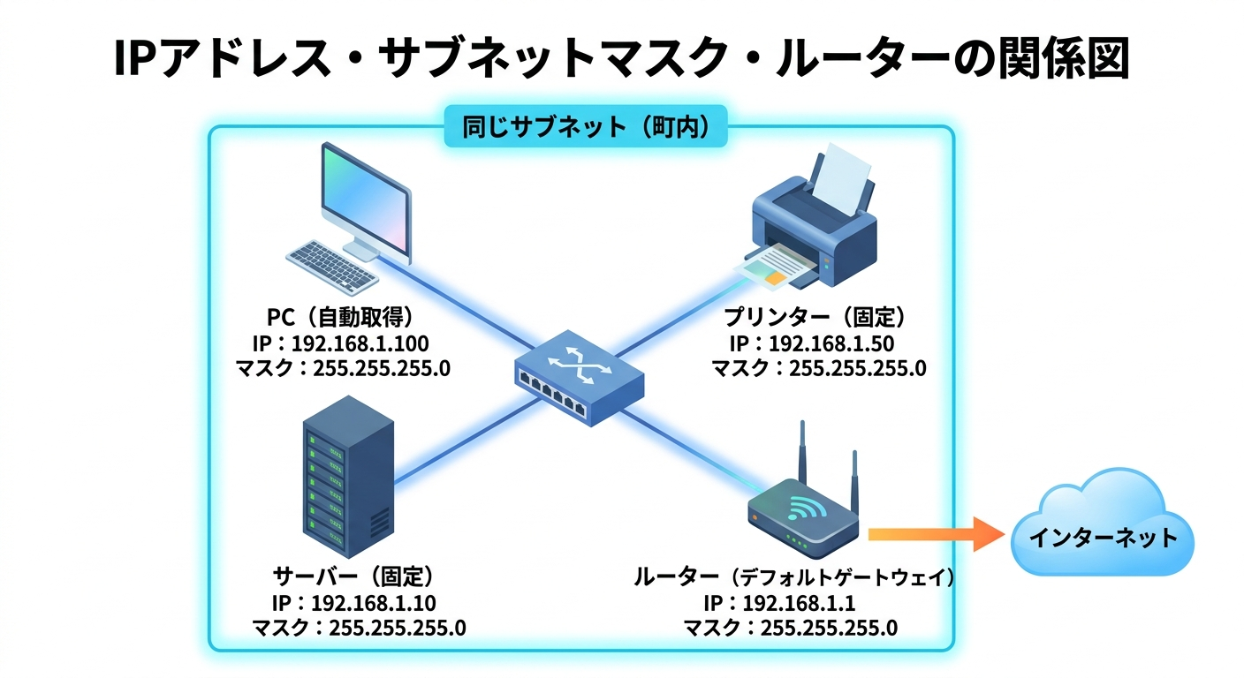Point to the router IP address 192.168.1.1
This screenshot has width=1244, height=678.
791,604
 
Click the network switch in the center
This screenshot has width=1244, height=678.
579,375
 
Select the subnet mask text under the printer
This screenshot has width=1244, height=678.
818,368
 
